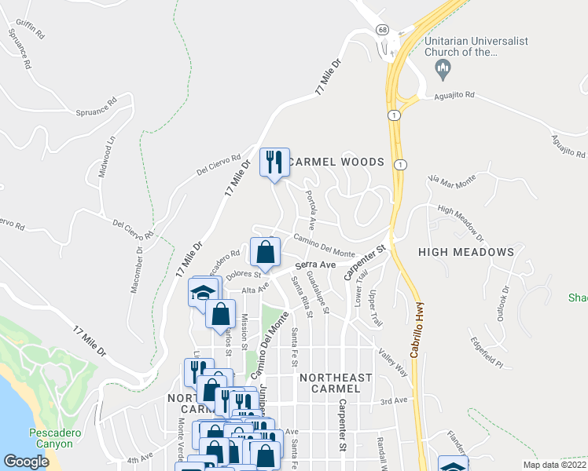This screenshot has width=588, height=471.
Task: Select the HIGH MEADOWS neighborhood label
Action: click(466, 252)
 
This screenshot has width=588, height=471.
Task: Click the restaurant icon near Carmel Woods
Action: click(274, 162)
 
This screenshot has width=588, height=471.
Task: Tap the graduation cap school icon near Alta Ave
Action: click(204, 293)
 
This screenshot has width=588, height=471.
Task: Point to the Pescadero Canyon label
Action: click(51, 438)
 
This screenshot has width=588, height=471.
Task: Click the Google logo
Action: click(26, 462)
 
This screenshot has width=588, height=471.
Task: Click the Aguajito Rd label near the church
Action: click(455, 95)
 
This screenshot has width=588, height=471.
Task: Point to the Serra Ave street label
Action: click(315, 266)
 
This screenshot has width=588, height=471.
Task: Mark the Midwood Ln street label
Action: click(107, 156)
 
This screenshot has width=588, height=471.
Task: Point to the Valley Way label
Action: click(392, 362)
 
